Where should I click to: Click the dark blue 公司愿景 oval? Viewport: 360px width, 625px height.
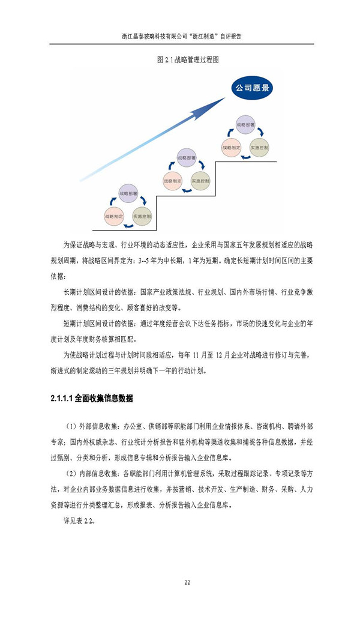tap(252, 89)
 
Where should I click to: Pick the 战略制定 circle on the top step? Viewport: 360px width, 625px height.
tap(232, 147)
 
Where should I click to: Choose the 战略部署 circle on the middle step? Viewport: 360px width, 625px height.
tap(186, 158)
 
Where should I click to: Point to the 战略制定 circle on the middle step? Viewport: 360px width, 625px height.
tap(173, 180)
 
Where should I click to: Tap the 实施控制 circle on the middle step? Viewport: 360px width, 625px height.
tap(200, 180)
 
